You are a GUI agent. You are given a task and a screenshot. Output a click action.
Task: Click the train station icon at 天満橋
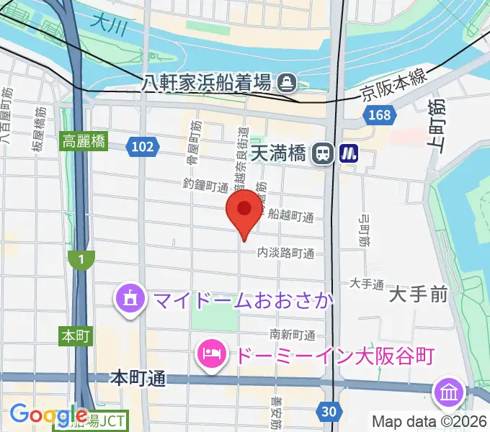(323, 153)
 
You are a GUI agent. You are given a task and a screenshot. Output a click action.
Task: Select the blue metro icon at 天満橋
(349, 153)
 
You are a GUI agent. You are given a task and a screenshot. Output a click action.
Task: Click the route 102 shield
(142, 147)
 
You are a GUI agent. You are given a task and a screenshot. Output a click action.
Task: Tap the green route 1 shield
(82, 259)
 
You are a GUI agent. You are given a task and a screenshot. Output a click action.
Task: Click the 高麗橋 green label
(84, 142)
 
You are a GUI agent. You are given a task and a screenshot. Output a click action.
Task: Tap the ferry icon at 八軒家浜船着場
(288, 82)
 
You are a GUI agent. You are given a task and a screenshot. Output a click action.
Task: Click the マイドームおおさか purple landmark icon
(130, 297)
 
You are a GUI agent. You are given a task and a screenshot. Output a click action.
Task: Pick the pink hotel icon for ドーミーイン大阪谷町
(210, 354)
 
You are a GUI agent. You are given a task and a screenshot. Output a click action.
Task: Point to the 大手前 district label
(419, 294)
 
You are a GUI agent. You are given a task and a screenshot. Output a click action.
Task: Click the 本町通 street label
(139, 378)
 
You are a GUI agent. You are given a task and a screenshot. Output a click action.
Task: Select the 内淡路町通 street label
(286, 253)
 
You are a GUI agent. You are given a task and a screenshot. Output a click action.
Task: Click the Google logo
(49, 415)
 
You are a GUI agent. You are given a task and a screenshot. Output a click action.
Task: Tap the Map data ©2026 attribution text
(429, 421)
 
